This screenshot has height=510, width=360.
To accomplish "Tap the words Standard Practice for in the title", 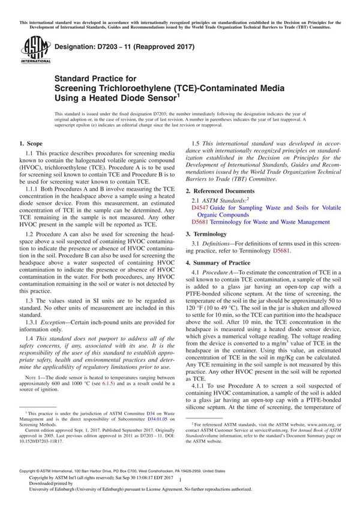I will (95, 78).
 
